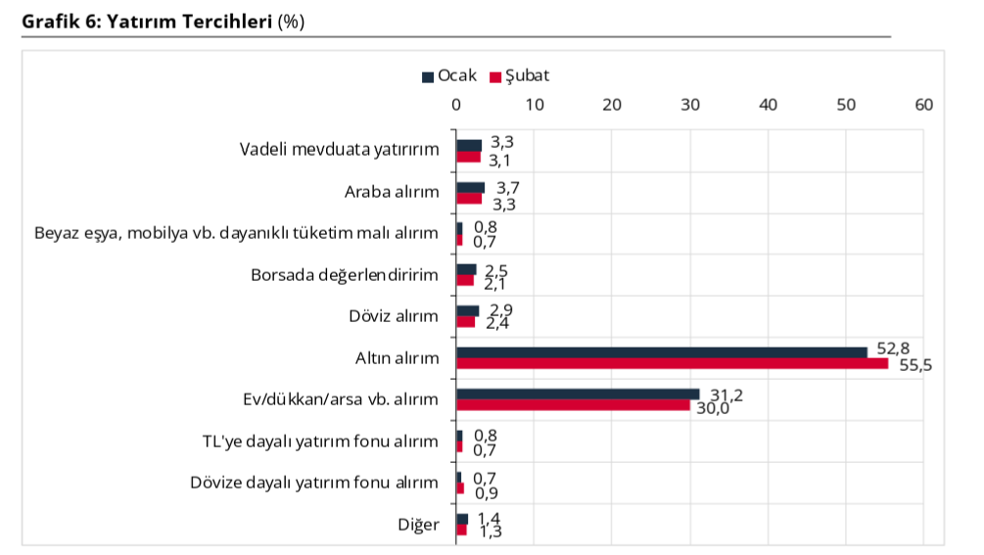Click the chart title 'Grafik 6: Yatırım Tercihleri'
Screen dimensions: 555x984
pos(146,22)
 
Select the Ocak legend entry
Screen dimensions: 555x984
pos(450,75)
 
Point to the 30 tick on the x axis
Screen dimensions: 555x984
pos(690,105)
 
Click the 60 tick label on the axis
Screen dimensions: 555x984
pos(923,105)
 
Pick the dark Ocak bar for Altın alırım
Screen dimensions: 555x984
pos(661,352)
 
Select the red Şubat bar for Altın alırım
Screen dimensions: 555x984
pos(672,364)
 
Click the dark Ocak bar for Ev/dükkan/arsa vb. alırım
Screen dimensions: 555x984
pos(578,394)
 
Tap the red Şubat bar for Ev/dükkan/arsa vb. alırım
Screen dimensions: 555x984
pos(573,405)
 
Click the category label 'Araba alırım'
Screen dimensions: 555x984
pos(392,192)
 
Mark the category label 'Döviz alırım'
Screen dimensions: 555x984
pos(394,316)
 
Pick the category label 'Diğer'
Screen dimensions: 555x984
pos(419,525)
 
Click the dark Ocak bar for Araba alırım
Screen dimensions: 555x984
pos(470,187)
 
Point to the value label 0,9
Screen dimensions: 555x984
pos(485,491)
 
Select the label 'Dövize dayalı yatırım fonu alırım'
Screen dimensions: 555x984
pos(313,483)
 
